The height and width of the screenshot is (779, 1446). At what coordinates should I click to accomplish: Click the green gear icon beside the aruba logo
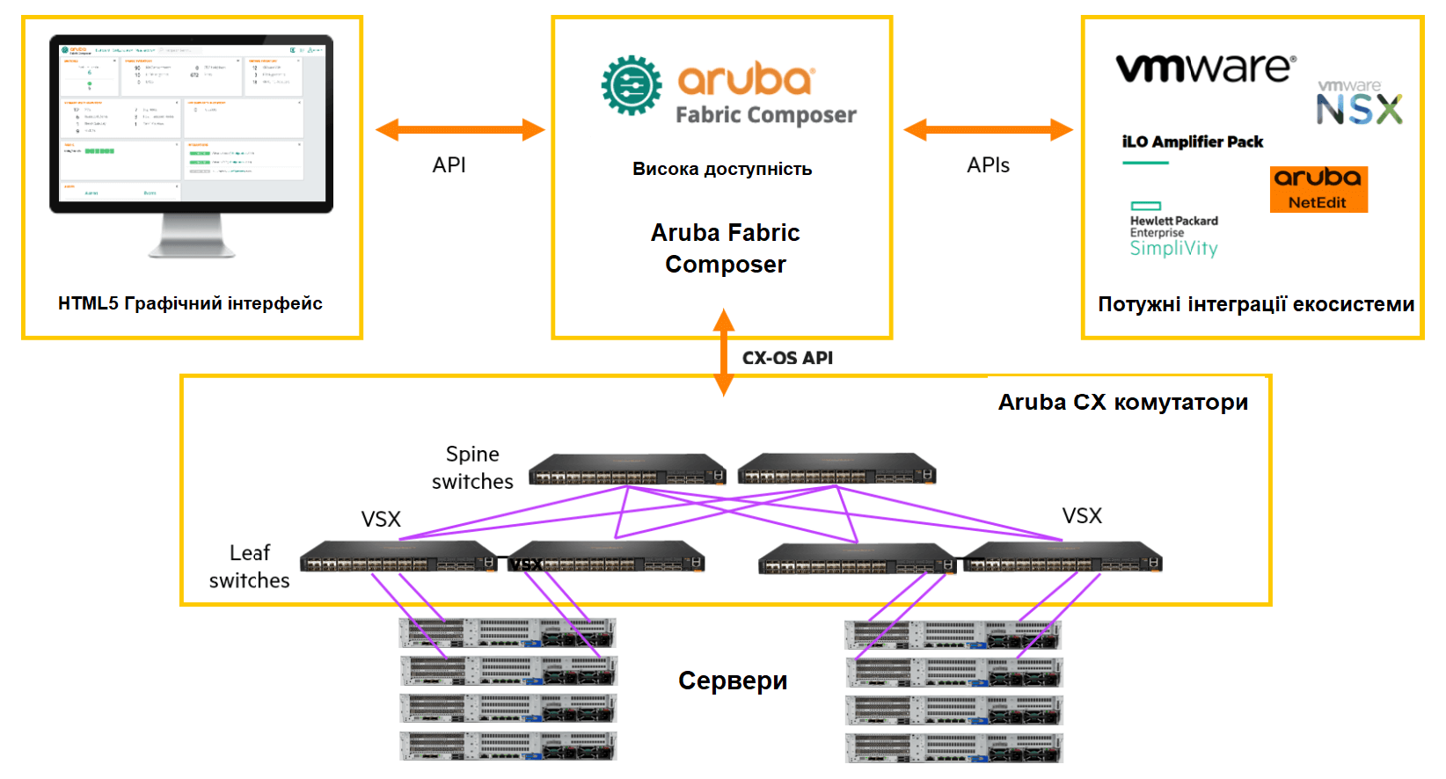[632, 85]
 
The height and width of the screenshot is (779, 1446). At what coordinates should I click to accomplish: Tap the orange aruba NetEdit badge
[1318, 189]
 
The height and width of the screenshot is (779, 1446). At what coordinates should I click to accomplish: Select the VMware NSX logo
[1359, 103]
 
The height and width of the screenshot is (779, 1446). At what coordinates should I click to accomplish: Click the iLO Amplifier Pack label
[1192, 142]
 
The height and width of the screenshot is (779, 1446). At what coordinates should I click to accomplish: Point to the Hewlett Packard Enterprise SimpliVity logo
[1173, 231]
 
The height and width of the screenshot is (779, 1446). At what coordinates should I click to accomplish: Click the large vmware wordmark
[1205, 68]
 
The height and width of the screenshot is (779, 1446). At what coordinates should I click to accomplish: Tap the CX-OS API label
[787, 358]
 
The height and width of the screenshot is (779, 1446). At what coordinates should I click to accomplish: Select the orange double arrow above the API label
[460, 130]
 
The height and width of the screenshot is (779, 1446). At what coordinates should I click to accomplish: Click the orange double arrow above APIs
[988, 130]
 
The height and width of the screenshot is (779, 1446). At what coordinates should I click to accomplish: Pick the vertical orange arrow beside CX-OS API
[723, 352]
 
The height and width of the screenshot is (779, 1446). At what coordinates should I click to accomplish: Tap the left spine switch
[626, 470]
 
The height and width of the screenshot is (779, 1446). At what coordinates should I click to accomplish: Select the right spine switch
[836, 470]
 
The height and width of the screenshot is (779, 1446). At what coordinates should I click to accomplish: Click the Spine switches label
[472, 468]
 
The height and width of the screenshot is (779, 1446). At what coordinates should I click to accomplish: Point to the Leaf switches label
[249, 566]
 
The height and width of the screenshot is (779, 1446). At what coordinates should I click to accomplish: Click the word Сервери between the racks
[733, 681]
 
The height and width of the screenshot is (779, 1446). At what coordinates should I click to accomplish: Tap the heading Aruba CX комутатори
[1122, 403]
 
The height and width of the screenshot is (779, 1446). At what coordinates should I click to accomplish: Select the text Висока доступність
[722, 169]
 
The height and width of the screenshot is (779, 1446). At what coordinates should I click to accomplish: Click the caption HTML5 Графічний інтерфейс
[190, 303]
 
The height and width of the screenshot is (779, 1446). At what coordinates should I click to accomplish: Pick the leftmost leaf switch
[398, 557]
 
